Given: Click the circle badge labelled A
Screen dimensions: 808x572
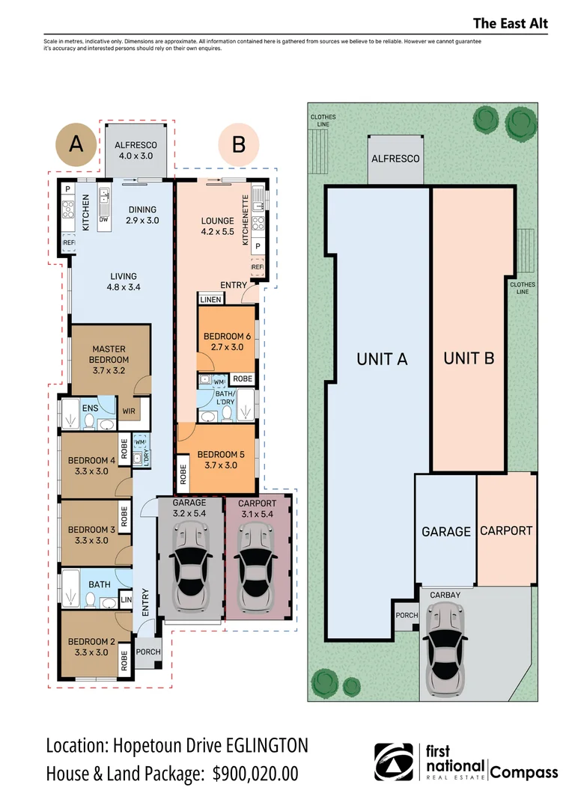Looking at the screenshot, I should (x=76, y=144).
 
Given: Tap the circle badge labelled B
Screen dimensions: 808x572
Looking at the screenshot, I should (x=239, y=144).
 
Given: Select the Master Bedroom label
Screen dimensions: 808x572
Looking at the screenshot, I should (x=109, y=355).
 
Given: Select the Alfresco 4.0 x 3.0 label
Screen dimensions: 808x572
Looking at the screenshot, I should (x=135, y=150).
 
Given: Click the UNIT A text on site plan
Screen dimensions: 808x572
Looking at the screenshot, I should (x=382, y=359).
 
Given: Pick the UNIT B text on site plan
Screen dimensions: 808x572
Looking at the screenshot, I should (x=469, y=358).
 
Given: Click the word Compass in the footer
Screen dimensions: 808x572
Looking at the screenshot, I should (x=524, y=771).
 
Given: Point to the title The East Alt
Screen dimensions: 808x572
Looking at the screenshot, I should (x=511, y=23).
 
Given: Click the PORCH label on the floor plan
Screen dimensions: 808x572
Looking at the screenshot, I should (x=148, y=652).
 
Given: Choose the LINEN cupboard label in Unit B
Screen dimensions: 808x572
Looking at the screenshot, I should (x=210, y=300).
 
